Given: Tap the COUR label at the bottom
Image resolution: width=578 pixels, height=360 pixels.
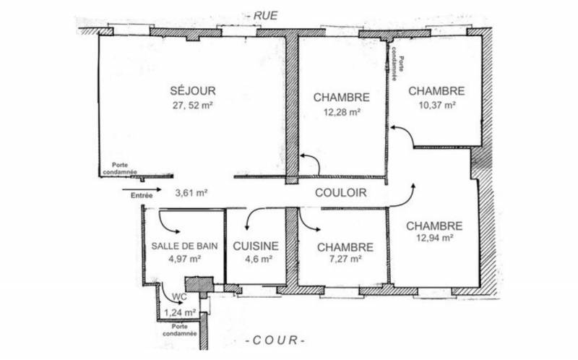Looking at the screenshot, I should tap(276, 340).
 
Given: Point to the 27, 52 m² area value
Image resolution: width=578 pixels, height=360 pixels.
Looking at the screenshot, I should tap(192, 105).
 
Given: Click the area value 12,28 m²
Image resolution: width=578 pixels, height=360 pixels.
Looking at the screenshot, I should tap(342, 111).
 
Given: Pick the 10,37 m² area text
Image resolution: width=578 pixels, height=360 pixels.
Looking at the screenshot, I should tap(436, 105).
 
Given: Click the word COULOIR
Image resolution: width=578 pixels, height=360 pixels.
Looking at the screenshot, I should tap(340, 194).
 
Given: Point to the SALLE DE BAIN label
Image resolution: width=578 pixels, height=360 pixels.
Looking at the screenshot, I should tap(185, 246).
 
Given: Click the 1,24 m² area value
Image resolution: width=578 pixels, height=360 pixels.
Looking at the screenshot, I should tap(180, 312).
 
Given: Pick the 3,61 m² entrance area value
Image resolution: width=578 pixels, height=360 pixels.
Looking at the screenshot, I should tap(191, 193).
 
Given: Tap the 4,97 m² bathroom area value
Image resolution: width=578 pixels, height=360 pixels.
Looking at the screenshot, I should tap(184, 258).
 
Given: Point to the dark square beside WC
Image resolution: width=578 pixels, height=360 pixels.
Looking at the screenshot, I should tap(196, 284).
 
